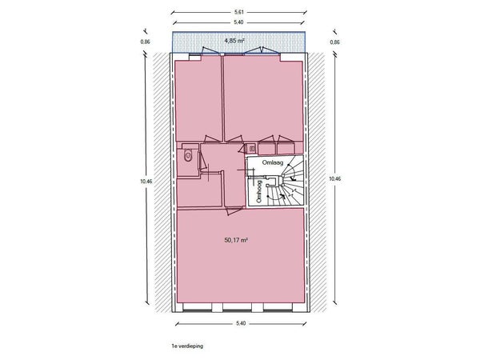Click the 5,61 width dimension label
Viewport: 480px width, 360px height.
[238, 12]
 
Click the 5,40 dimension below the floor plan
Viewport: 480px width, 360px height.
[241, 323]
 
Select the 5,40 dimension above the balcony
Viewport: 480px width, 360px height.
[238, 22]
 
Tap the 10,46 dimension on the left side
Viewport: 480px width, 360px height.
[146, 181]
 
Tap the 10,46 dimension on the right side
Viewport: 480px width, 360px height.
[334, 178]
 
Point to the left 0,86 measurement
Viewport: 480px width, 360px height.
[146, 42]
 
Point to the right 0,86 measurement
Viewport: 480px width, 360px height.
[335, 42]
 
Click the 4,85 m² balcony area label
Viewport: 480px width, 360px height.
[234, 41]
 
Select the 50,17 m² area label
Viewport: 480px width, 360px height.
[236, 240]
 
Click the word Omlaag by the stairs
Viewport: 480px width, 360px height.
[273, 162]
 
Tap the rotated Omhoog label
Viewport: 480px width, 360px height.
[259, 192]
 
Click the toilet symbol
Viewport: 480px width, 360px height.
[188, 156]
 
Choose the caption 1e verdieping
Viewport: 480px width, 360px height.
[187, 346]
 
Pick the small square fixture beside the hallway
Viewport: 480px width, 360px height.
[252, 149]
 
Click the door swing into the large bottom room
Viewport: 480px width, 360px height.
[234, 211]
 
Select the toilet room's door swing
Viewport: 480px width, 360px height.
[202, 161]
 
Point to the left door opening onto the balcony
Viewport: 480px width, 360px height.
[212, 51]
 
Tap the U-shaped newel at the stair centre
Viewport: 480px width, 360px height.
[274, 182]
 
